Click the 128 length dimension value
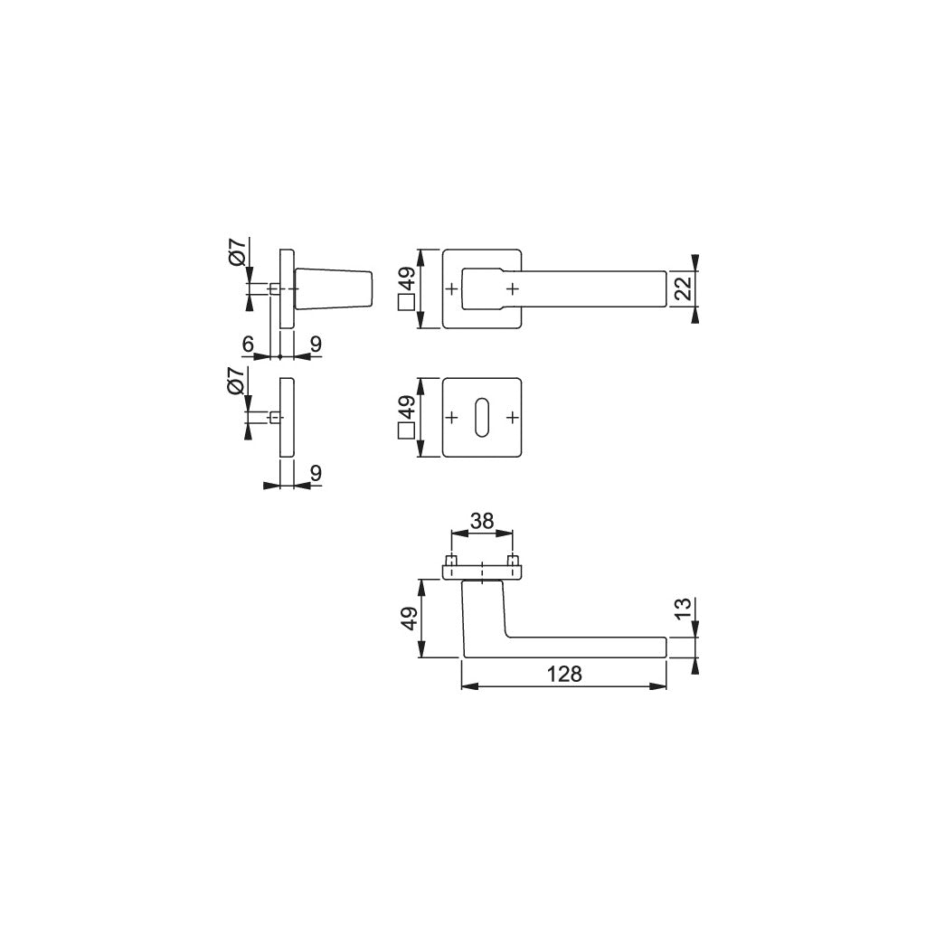562,674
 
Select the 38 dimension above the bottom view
482,521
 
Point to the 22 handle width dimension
683,288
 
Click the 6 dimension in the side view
246,344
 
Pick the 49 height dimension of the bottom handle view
408,619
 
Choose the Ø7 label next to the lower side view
235,383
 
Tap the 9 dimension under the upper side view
315,344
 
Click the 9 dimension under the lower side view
315,472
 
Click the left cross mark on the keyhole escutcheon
452,417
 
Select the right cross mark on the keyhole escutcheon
513,417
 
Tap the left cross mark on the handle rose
452,288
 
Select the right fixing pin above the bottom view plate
513,562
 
